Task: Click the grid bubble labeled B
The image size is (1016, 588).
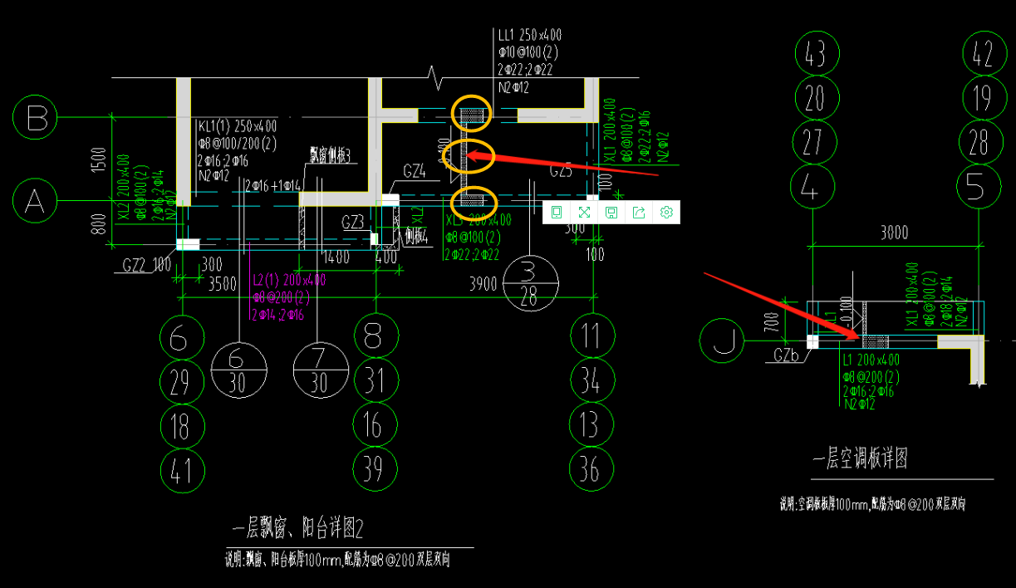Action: (x=37, y=118)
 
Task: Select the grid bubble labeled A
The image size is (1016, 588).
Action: (x=35, y=202)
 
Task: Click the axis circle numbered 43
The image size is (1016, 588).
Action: (x=816, y=54)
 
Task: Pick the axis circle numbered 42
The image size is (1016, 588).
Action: (x=984, y=54)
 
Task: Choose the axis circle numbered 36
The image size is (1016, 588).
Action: (x=590, y=470)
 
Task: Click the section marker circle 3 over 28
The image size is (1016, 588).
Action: (x=529, y=284)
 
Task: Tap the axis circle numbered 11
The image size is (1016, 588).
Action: (x=591, y=336)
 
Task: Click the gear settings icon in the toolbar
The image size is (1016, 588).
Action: (x=665, y=213)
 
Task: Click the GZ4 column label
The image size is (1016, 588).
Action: (x=414, y=171)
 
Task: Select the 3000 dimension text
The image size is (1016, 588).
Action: (x=894, y=233)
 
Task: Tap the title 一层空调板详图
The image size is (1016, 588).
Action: (x=860, y=458)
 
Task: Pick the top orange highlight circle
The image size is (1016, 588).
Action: (x=471, y=114)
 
